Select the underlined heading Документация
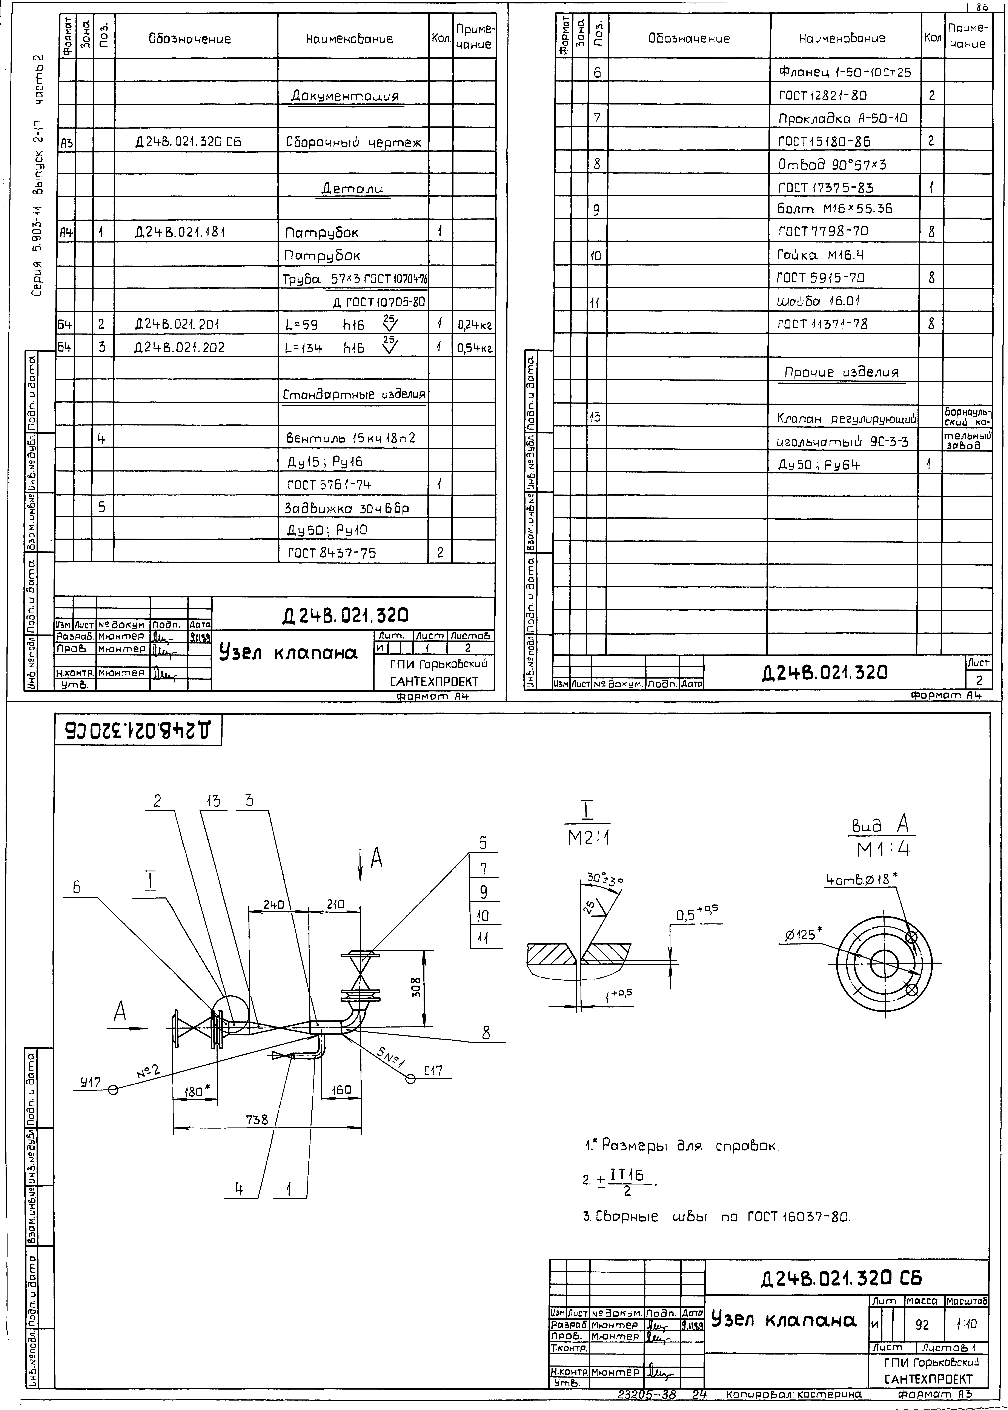345,96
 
